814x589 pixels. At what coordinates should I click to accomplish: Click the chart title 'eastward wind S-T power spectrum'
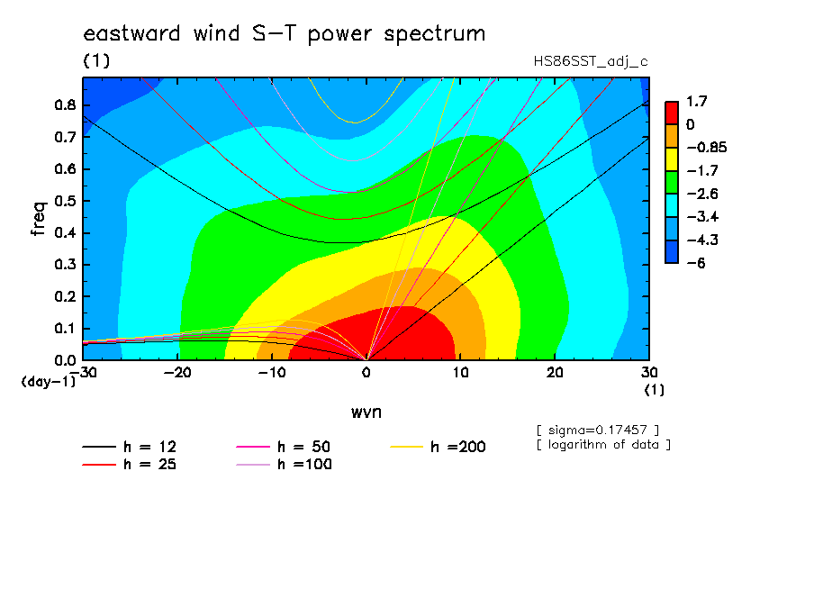pyautogui.click(x=284, y=33)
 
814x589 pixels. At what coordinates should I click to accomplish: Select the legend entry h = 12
pyautogui.click(x=130, y=447)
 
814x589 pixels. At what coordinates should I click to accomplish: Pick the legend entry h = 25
pyautogui.click(x=130, y=464)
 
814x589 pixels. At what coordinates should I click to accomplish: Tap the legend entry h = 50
pyautogui.click(x=284, y=447)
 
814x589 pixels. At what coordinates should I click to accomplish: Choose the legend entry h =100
pyautogui.click(x=284, y=464)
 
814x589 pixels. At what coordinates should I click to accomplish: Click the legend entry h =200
pyautogui.click(x=439, y=447)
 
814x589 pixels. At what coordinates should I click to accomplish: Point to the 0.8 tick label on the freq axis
pyautogui.click(x=65, y=104)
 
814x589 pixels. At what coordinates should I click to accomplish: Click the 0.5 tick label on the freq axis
pyautogui.click(x=65, y=201)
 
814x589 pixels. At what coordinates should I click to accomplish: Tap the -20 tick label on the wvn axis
pyautogui.click(x=177, y=373)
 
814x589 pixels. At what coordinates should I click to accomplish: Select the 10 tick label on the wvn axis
pyautogui.click(x=460, y=373)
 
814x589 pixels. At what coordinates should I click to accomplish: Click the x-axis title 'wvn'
pyautogui.click(x=366, y=412)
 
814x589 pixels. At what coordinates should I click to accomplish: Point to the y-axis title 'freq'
pyautogui.click(x=39, y=219)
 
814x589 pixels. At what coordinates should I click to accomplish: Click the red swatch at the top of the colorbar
pyautogui.click(x=672, y=113)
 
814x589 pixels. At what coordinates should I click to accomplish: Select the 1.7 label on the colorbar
pyautogui.click(x=697, y=101)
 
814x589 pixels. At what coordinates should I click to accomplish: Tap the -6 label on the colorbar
pyautogui.click(x=696, y=263)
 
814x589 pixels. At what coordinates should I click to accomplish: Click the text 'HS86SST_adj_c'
pyautogui.click(x=591, y=62)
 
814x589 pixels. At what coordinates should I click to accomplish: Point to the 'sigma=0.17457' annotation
pyautogui.click(x=598, y=430)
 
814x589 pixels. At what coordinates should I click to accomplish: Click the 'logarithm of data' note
pyautogui.click(x=603, y=445)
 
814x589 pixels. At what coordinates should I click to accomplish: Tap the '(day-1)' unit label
pyautogui.click(x=49, y=382)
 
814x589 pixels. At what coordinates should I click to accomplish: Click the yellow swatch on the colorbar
pyautogui.click(x=672, y=159)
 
